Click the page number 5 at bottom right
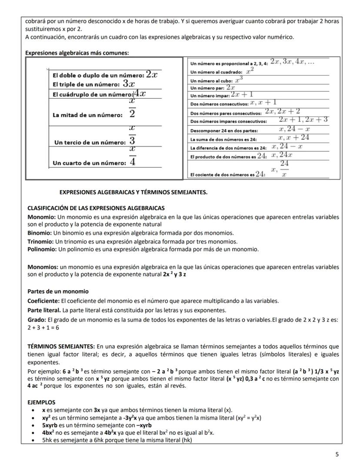point(337,455)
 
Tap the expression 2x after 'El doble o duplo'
point(152,74)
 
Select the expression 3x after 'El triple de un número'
point(129,84)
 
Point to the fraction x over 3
point(133,136)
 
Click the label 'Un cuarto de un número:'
point(89,163)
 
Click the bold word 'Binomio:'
point(40,233)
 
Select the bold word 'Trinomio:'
point(40,241)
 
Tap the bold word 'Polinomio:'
point(42,249)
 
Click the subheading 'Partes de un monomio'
point(58,291)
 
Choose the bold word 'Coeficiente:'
point(44,301)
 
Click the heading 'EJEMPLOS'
point(41,402)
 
